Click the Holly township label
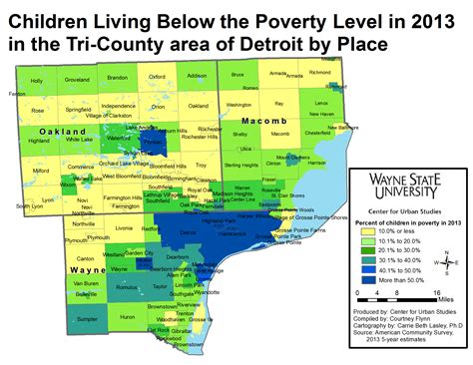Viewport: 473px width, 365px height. [x=37, y=81]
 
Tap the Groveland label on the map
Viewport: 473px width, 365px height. [x=77, y=78]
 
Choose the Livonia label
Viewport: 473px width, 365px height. [x=124, y=227]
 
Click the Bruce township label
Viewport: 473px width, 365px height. [x=236, y=75]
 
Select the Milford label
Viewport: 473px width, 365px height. [x=41, y=172]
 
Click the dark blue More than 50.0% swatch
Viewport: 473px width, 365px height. [x=364, y=282]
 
